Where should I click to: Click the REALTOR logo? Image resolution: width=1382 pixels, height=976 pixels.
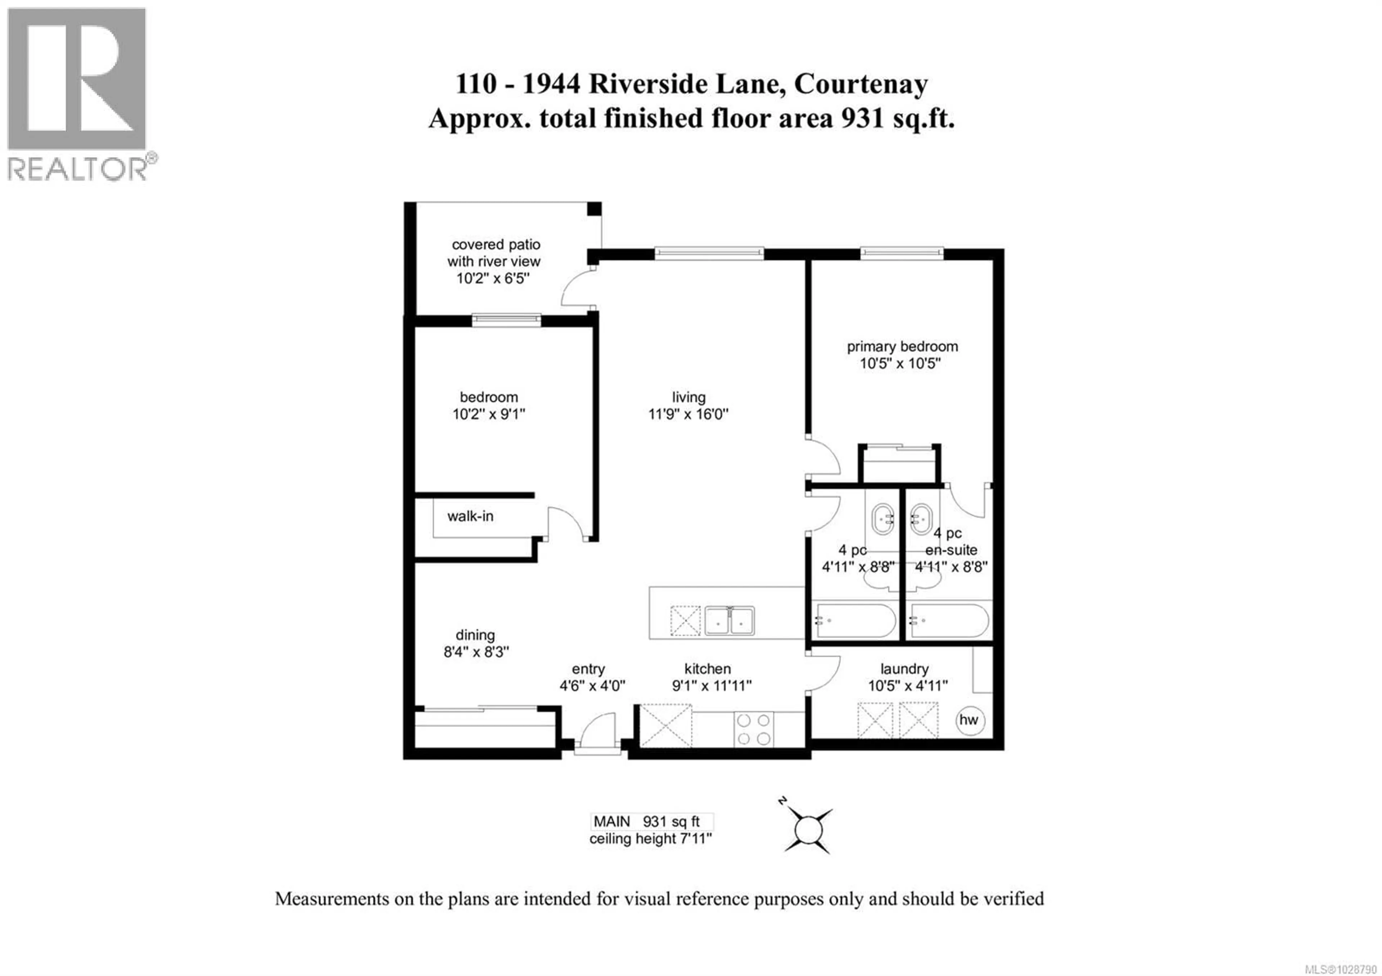pyautogui.click(x=78, y=93)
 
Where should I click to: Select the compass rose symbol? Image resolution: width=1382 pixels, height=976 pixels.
pyautogui.click(x=808, y=830)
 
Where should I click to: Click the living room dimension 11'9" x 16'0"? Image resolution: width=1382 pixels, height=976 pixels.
pyautogui.click(x=688, y=414)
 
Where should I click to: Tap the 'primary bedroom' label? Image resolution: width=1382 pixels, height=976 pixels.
pyautogui.click(x=902, y=347)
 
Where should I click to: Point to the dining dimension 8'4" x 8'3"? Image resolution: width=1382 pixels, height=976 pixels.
pyautogui.click(x=476, y=652)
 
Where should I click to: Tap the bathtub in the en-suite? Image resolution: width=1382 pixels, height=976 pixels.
pyautogui.click(x=949, y=620)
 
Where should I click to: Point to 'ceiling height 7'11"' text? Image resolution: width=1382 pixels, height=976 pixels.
pyautogui.click(x=650, y=839)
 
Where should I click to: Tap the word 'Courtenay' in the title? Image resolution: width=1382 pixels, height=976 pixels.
pyautogui.click(x=861, y=83)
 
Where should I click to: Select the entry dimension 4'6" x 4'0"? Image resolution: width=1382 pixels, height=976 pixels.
pyautogui.click(x=592, y=685)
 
